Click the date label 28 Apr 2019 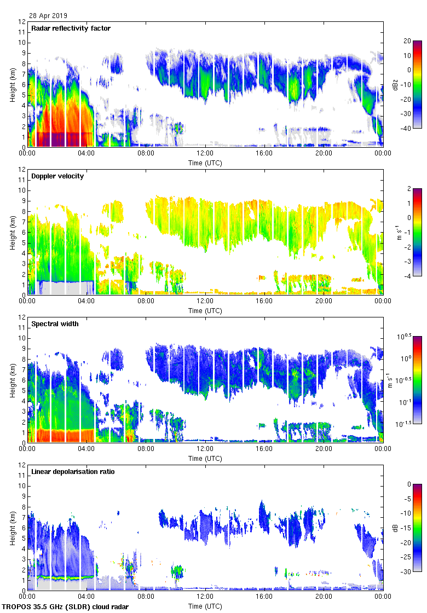48,16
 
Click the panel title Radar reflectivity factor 71,28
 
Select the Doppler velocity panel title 56,176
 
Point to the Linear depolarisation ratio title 73,471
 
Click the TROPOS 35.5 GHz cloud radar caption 66,607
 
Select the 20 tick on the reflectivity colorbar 407,41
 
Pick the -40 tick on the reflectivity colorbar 407,129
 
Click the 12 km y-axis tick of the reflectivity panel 22,22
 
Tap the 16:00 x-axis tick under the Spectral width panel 264,449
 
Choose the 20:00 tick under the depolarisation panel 324,597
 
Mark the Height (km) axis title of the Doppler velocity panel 12,232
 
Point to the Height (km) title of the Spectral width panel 12,380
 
